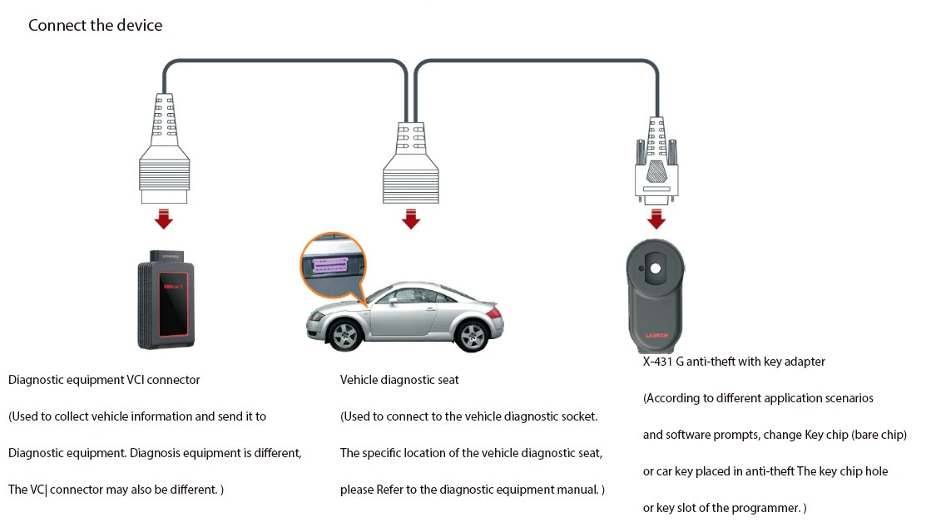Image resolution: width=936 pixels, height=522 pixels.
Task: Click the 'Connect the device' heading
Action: [95, 25]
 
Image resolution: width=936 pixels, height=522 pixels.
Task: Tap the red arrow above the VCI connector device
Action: [164, 219]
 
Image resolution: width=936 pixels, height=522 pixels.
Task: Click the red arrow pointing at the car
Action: [410, 219]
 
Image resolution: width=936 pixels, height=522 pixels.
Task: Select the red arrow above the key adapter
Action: [656, 219]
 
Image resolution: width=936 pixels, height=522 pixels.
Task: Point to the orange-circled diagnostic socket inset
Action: [333, 266]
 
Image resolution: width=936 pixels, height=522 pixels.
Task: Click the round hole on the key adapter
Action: [656, 268]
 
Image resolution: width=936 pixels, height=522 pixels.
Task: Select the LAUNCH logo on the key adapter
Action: [656, 336]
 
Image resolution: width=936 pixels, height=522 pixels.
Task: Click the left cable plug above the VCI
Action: [164, 150]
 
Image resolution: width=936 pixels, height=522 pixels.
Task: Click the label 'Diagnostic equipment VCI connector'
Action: [104, 380]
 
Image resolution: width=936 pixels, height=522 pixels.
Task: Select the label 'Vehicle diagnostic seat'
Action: [399, 380]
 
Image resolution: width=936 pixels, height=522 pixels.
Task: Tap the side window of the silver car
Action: [416, 295]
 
